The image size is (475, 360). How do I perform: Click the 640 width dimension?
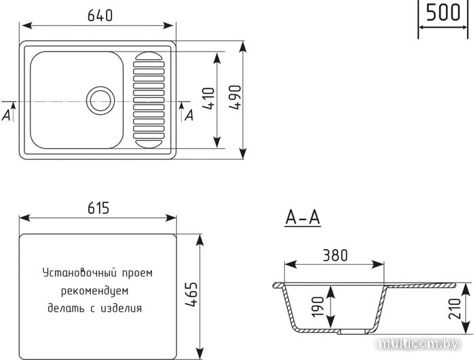[100, 15]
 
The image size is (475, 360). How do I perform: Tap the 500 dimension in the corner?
[443, 12]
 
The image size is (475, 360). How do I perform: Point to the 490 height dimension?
[235, 97]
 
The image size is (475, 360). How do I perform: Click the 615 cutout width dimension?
[98, 208]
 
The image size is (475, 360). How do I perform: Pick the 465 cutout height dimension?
[191, 295]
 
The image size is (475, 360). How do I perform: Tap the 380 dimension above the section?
[335, 255]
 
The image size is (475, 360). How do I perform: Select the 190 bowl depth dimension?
[318, 307]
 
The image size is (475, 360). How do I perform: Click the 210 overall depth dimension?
[455, 309]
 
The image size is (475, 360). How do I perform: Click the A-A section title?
[303, 217]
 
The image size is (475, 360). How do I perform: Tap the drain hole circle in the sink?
[100, 101]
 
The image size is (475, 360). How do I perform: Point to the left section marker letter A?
[6, 115]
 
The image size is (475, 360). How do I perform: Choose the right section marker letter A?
[189, 115]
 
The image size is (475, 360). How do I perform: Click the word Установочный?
[79, 273]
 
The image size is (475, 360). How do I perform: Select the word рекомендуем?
[95, 291]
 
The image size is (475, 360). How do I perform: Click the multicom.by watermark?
[419, 344]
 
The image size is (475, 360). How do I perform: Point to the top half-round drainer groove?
[149, 56]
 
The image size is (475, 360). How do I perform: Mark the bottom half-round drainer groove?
[149, 145]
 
